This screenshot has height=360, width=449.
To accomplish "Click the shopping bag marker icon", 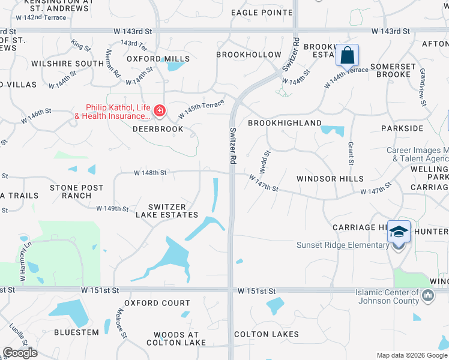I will coord(348,56).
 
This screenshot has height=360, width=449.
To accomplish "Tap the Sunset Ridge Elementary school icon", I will coord(399,232).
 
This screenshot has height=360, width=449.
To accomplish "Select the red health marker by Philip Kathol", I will coord(160,110).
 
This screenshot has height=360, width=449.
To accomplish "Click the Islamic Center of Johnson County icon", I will coord(428,295).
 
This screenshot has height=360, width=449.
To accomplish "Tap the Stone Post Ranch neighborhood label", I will coord(77,191).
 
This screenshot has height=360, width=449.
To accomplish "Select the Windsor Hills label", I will coord(330,179).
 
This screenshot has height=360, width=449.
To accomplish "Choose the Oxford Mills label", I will coord(158,59).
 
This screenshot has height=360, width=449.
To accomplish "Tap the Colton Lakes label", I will coord(267,334).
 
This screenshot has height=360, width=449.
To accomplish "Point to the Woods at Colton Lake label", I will coord(176,339).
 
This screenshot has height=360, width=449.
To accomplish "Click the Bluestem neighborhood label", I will coord(76,332).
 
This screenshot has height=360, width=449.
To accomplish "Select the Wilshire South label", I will coord(68,64).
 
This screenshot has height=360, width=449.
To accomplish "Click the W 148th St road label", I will coord(149,173).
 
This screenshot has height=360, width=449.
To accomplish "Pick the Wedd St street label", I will coord(263,160).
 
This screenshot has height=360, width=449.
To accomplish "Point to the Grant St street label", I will coord(350,152).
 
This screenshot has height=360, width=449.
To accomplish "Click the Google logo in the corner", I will coord(20,353).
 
